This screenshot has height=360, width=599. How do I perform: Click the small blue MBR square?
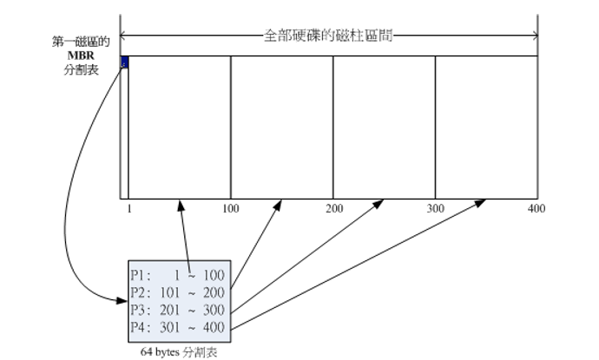(x=124, y=62)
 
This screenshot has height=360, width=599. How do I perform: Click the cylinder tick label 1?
(x=128, y=209)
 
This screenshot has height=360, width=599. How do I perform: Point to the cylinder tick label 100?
(x=230, y=209)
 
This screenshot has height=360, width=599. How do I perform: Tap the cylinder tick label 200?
(x=334, y=209)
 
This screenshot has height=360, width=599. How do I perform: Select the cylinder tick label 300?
(x=435, y=209)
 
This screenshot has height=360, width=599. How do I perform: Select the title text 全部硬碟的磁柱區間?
(x=329, y=37)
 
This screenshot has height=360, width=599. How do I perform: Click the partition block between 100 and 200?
(x=281, y=127)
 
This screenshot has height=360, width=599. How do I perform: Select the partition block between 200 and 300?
(x=384, y=127)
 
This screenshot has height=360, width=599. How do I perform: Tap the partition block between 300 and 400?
(x=485, y=127)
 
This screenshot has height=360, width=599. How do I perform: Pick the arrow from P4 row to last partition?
(x=365, y=265)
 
